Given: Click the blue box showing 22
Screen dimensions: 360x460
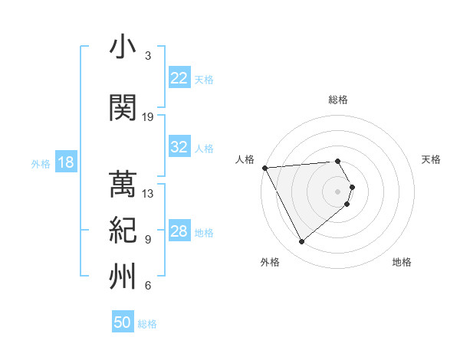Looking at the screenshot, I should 179,78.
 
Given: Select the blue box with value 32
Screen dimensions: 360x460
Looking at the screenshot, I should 179,147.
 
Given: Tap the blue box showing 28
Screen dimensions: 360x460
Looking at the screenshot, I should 179,231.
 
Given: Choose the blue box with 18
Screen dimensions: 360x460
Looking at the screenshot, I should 65,162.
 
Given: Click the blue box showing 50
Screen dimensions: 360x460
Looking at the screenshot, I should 123,322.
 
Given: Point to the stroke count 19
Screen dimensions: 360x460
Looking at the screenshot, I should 148,117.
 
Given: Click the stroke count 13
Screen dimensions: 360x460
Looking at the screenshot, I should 148,194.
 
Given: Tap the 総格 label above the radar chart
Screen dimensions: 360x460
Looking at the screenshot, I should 338,100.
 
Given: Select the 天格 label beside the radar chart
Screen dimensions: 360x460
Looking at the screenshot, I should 432,159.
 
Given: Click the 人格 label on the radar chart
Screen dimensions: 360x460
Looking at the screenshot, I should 245,159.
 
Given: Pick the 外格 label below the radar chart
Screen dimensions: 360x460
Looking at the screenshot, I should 269,263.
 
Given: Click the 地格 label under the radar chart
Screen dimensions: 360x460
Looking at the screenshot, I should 402,263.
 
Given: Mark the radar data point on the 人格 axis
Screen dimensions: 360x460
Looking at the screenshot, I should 264,167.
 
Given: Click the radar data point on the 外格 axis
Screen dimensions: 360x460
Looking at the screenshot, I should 301,242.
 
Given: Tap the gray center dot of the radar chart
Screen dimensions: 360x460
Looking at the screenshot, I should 338,191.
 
